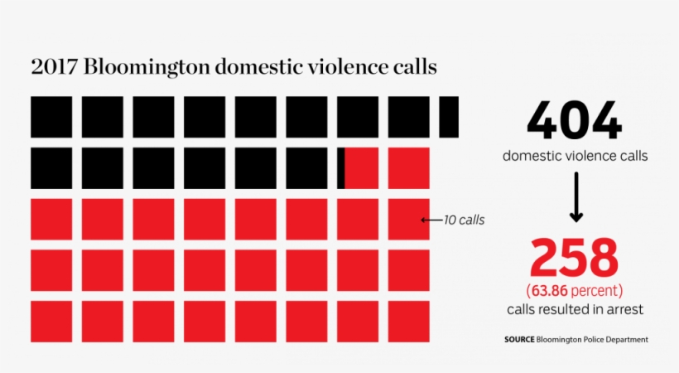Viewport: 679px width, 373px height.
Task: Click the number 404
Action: (x=574, y=123)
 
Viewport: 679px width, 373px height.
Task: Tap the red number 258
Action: (x=575, y=259)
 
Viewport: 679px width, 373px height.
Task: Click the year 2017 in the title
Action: (x=51, y=67)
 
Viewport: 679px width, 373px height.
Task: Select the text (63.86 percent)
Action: (x=575, y=291)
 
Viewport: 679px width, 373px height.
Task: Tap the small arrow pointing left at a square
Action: (x=429, y=220)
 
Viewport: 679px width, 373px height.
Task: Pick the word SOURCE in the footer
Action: (x=518, y=340)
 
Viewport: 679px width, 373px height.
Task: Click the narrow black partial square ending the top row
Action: (x=449, y=117)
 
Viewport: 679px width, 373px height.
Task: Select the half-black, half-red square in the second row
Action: (x=358, y=168)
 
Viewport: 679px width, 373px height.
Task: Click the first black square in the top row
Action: (x=51, y=117)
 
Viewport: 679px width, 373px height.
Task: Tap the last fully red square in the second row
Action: (x=409, y=168)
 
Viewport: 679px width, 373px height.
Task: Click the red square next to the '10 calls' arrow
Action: (x=409, y=220)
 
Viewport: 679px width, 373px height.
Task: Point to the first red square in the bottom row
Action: (x=51, y=322)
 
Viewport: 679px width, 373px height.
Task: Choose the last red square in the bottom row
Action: (x=409, y=322)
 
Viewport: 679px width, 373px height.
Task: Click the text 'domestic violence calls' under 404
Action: (x=575, y=155)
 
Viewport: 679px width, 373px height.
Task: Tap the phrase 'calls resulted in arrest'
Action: (x=575, y=309)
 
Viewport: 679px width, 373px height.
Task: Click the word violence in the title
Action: (x=338, y=67)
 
